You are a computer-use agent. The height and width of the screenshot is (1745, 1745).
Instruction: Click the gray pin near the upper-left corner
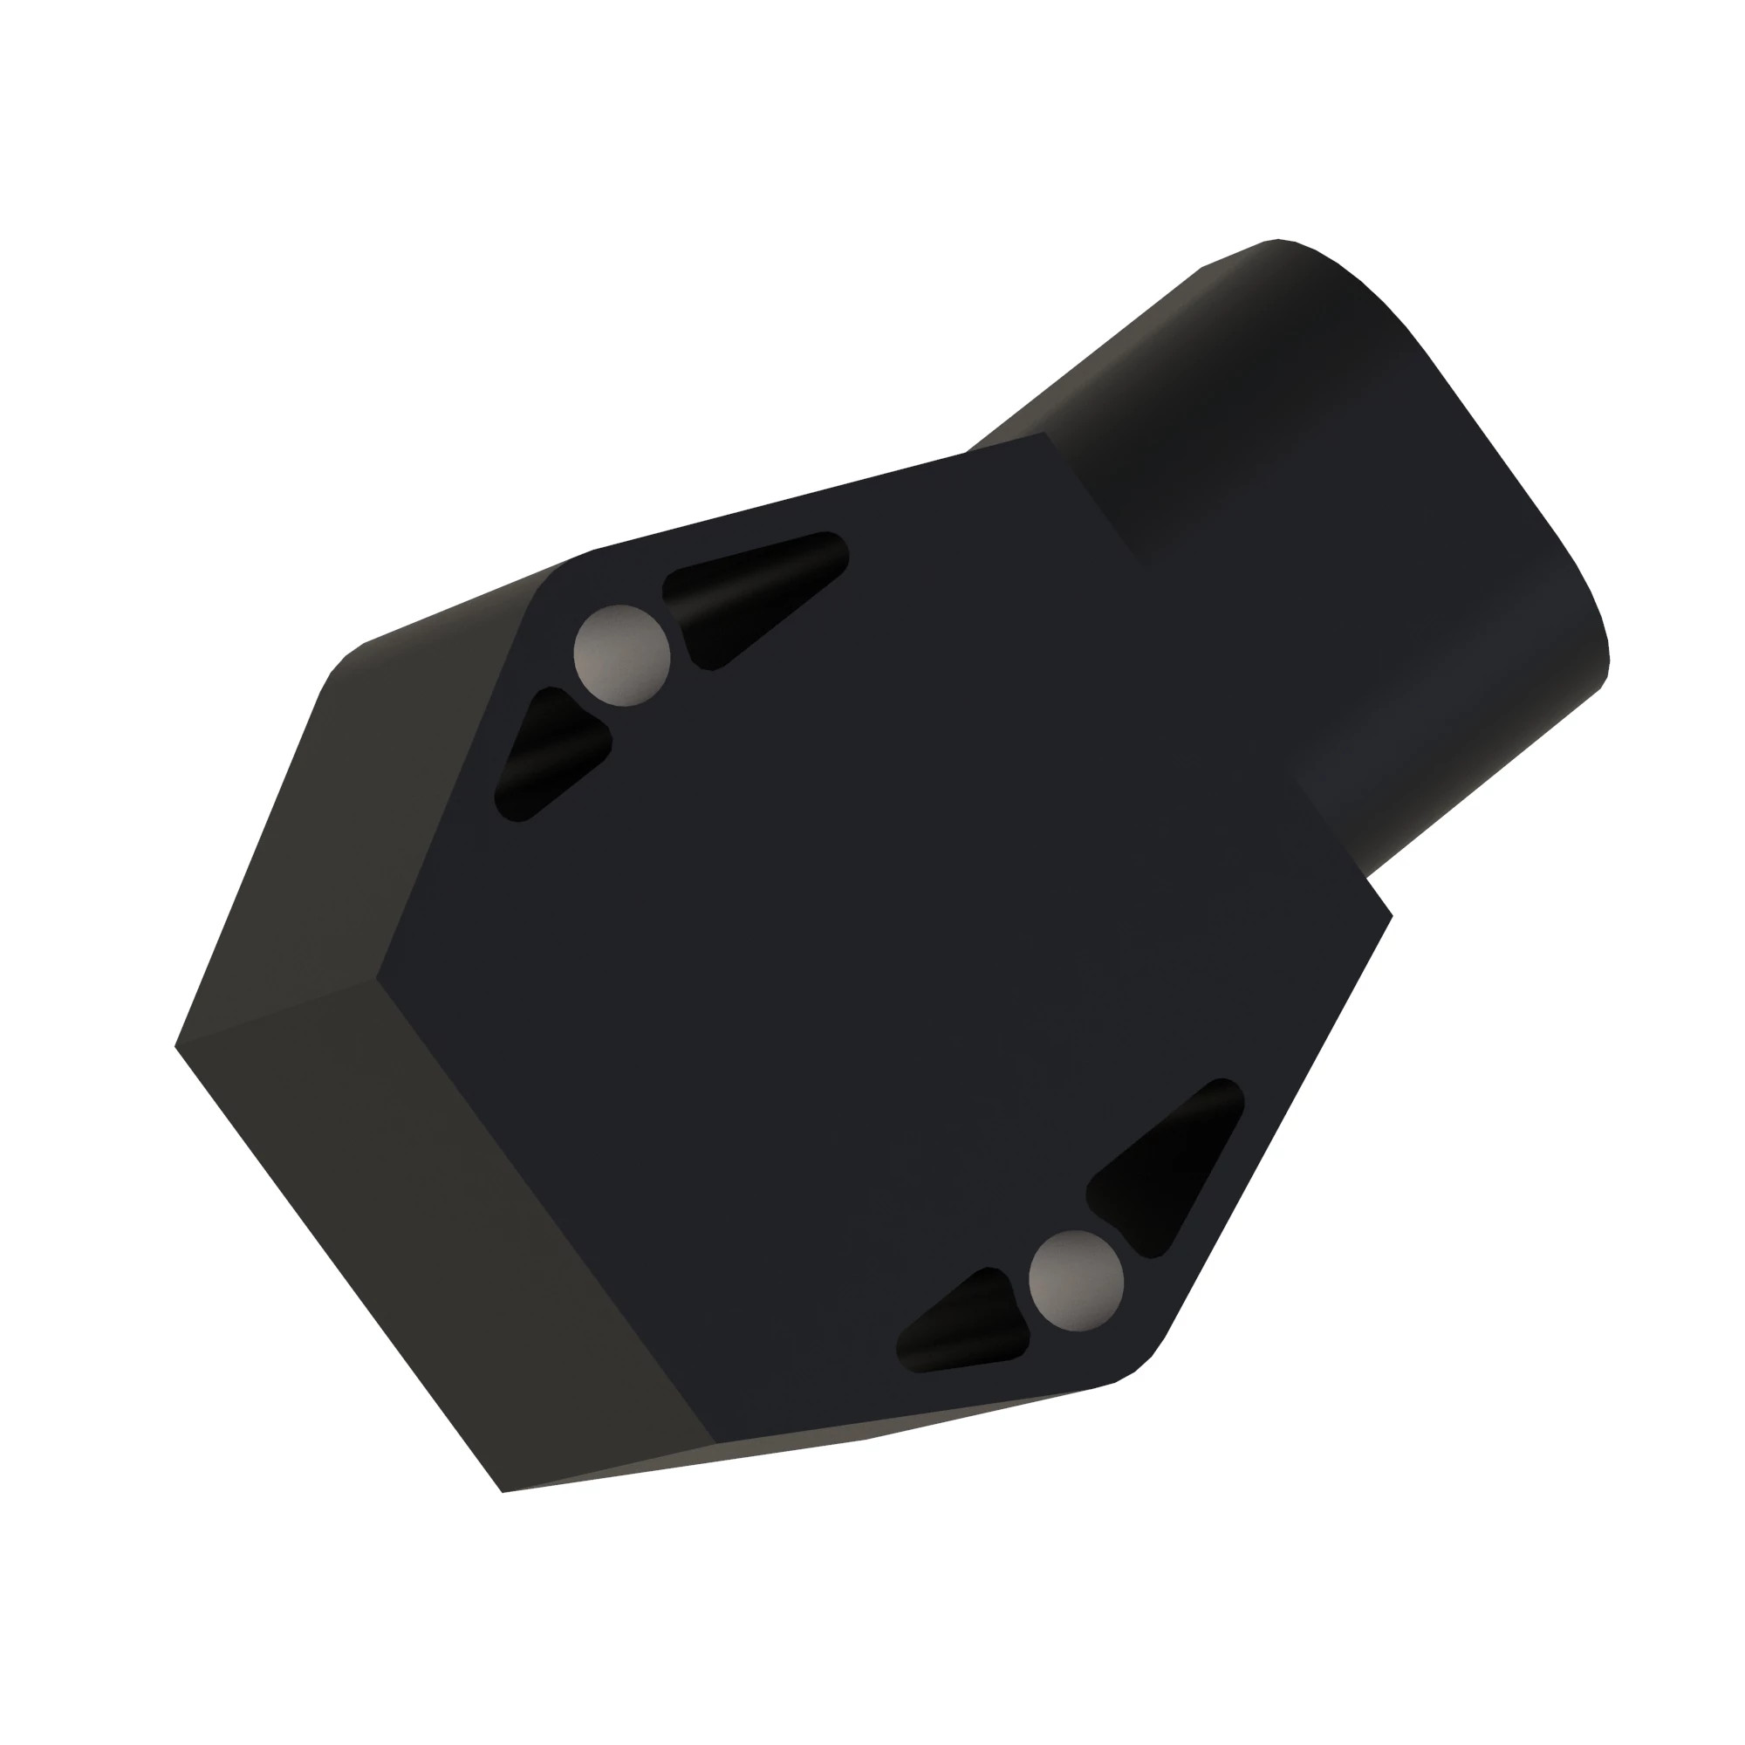(622, 655)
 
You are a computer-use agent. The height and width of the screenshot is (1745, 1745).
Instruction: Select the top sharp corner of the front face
(1045, 434)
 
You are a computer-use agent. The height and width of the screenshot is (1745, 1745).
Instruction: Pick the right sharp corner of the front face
(1391, 915)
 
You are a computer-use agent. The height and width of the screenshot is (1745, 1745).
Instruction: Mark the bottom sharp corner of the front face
(716, 1442)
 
